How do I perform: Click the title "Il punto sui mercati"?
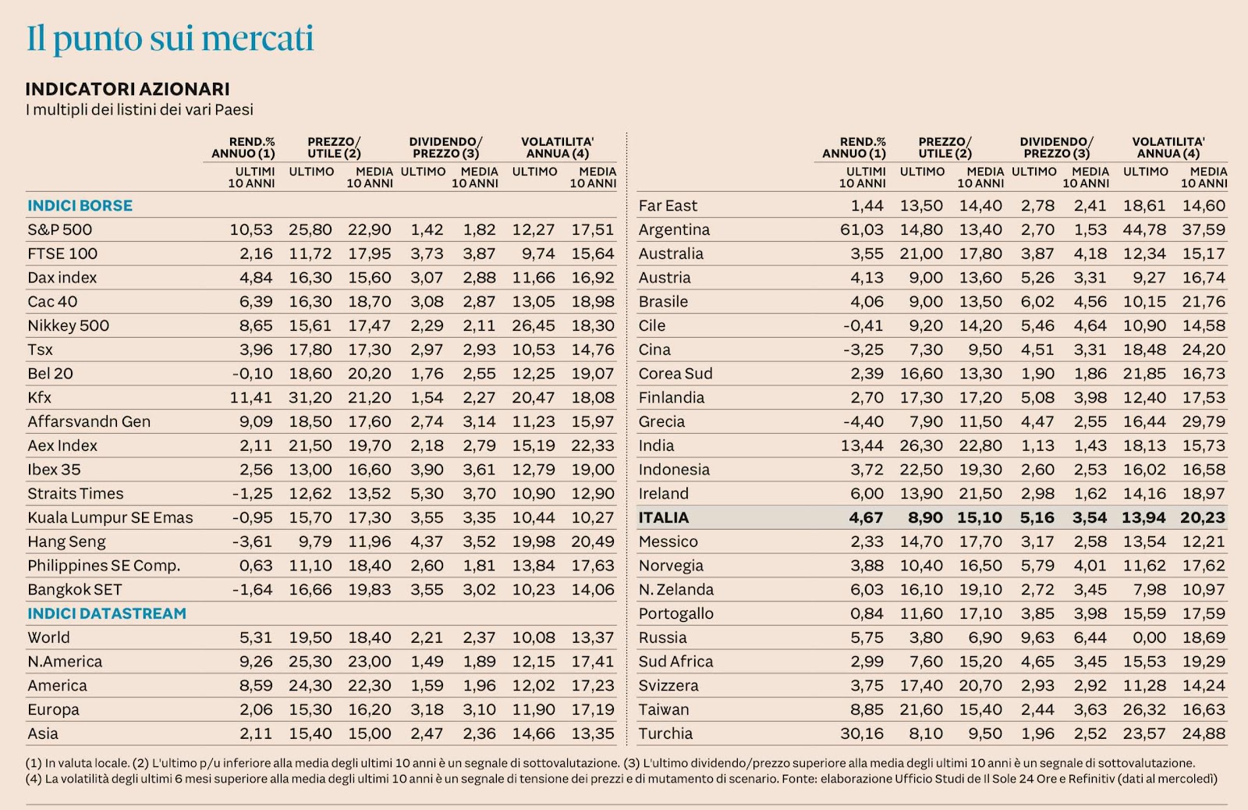[x=170, y=39]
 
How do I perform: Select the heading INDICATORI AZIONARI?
[x=127, y=89]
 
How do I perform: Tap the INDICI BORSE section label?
[x=80, y=205]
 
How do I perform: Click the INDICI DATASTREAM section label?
[x=107, y=613]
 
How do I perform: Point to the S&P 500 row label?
[x=59, y=229]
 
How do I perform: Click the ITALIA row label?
[x=663, y=517]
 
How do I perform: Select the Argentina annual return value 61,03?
[x=861, y=229]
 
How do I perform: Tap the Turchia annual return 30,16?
[x=861, y=734]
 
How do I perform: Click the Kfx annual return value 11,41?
[x=250, y=397]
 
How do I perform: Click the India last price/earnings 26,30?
[x=921, y=446]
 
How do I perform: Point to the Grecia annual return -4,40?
[x=863, y=421]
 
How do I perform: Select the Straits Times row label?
[x=75, y=493]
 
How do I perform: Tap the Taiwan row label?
[x=663, y=709]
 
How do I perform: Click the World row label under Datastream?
[x=48, y=638]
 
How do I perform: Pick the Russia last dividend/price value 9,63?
[x=1037, y=638]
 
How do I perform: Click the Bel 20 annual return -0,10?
[x=252, y=374]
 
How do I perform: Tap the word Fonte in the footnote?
[x=799, y=779]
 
